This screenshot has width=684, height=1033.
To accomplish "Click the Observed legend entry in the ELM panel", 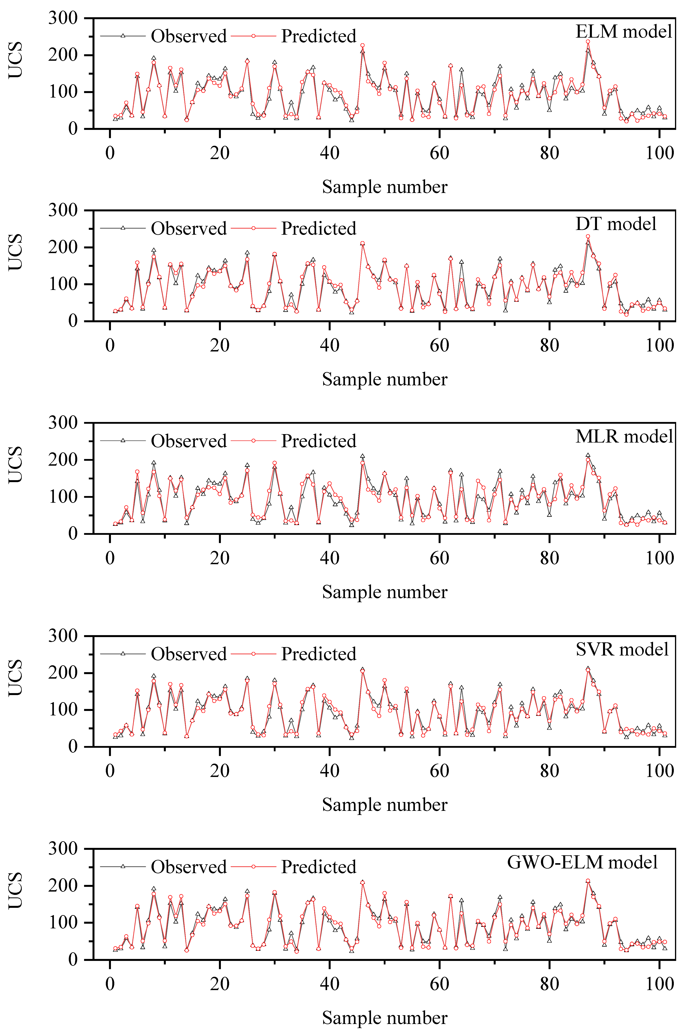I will point(189,36).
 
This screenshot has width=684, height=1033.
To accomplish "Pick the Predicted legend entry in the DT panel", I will point(318,228).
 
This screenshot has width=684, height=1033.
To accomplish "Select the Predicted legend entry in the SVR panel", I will point(318,654).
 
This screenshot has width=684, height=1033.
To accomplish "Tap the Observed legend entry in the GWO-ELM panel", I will point(189,867).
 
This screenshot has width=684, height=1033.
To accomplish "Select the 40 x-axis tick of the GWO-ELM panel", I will point(329,984).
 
